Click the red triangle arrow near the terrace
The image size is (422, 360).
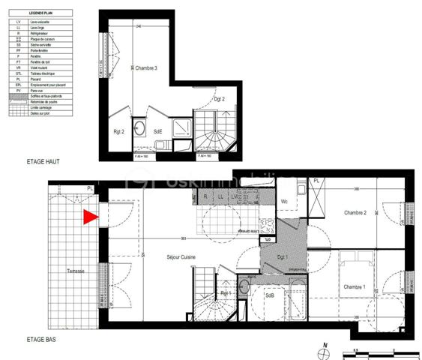[91, 217]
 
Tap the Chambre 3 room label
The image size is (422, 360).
[146, 68]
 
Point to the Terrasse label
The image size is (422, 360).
[76, 271]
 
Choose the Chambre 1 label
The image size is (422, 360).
[354, 287]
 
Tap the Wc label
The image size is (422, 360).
[285, 202]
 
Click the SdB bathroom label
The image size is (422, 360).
[269, 295]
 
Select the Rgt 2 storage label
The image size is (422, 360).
[118, 132]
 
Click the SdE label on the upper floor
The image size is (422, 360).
[158, 132]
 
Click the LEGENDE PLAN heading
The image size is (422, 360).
[41, 13]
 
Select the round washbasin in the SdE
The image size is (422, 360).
[139, 128]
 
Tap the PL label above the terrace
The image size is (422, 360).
[89, 188]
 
